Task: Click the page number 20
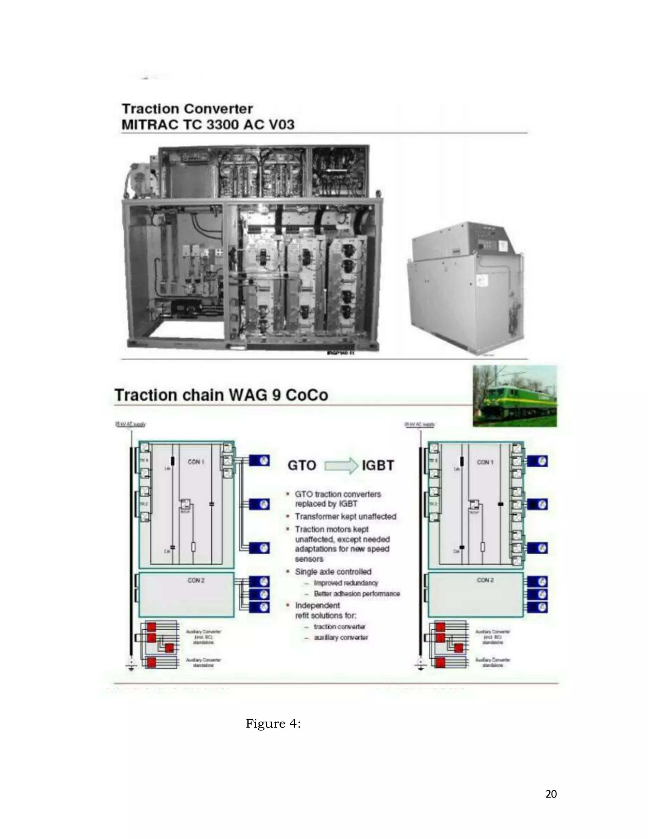(551, 794)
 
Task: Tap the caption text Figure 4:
(273, 724)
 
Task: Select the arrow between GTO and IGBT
(341, 466)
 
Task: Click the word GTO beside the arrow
(302, 466)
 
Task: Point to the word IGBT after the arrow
(378, 466)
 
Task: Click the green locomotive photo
(514, 396)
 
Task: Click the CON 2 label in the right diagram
(485, 580)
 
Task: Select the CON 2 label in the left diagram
(196, 580)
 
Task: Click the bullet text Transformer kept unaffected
(345, 517)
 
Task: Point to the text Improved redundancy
(346, 583)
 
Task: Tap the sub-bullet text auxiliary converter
(341, 638)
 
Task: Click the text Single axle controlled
(333, 571)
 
